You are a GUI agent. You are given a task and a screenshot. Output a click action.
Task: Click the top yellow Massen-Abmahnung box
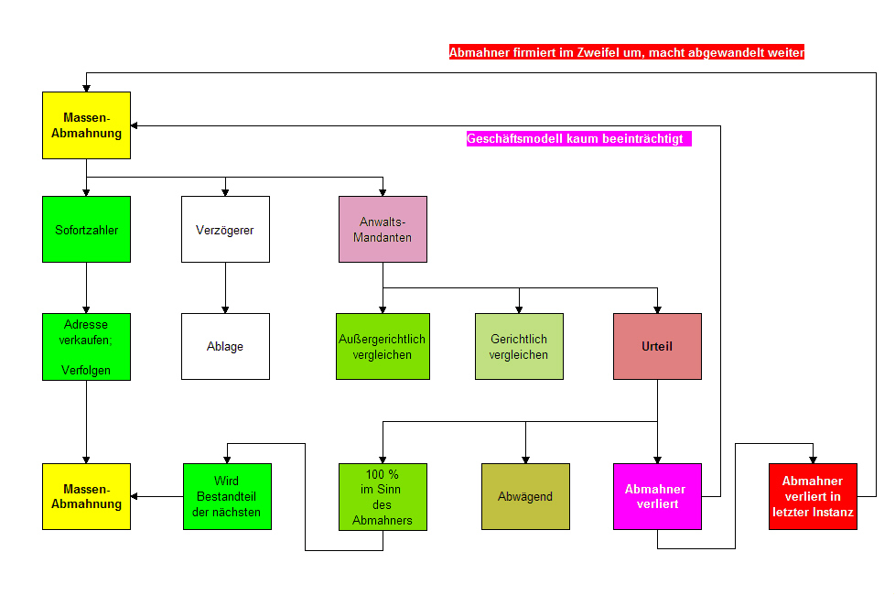tap(87, 125)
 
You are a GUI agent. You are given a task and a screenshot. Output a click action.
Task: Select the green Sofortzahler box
tap(87, 229)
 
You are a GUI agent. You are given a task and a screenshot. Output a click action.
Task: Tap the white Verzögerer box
tap(225, 229)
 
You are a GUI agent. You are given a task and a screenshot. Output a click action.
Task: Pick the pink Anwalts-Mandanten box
tap(383, 229)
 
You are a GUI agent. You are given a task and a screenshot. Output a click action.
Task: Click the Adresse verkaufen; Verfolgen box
tap(87, 346)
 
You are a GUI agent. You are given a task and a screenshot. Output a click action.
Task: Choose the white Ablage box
tap(225, 346)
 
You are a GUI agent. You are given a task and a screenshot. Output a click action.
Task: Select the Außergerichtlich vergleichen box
tap(383, 346)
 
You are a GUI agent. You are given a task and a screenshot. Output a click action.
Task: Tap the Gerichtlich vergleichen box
tap(519, 346)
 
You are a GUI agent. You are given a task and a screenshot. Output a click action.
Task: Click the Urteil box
tap(657, 346)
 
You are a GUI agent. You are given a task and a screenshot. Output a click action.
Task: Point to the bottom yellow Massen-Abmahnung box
tap(87, 496)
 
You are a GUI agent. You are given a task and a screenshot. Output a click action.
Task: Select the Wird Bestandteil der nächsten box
tap(227, 496)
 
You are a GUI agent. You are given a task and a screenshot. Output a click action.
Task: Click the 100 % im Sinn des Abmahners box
tap(383, 496)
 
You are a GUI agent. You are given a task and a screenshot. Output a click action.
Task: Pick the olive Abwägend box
tap(525, 496)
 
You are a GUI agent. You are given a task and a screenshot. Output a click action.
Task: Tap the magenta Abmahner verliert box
tap(657, 496)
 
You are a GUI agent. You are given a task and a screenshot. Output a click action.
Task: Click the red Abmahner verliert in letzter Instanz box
tap(813, 496)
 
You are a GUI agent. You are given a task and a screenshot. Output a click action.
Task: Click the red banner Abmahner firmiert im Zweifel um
tap(627, 53)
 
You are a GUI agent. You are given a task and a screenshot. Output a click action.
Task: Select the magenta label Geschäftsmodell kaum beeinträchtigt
tap(578, 139)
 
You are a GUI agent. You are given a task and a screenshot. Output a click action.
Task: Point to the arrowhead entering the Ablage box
tap(225, 308)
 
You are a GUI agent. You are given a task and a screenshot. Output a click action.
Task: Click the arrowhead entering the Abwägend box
tap(525, 459)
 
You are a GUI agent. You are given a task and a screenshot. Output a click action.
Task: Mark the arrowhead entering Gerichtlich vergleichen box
tap(519, 308)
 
